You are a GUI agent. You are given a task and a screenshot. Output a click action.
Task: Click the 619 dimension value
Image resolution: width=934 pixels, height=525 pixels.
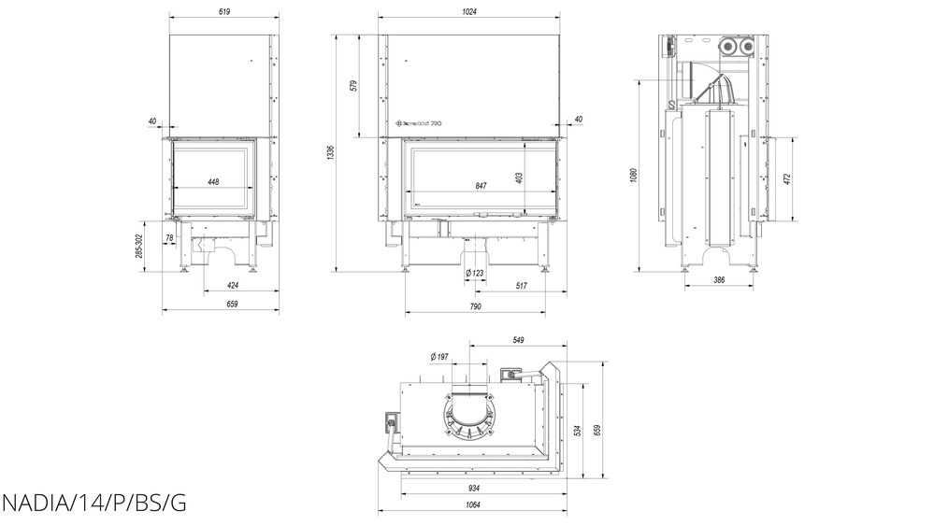click(222, 11)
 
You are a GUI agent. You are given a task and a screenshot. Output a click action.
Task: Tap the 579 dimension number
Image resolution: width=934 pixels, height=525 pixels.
click(354, 85)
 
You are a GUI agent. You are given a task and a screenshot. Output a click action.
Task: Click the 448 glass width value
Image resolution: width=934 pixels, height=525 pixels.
click(213, 182)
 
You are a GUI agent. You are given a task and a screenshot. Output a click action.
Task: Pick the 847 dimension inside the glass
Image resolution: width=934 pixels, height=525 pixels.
click(481, 186)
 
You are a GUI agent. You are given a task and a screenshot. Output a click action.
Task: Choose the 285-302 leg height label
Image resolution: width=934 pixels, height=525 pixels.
click(139, 248)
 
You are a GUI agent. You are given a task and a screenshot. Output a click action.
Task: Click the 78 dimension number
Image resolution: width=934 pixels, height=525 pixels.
click(169, 238)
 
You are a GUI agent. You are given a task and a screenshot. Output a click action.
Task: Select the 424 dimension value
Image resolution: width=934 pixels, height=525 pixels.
click(233, 285)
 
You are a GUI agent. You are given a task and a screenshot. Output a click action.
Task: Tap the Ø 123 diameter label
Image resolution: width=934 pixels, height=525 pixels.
click(475, 272)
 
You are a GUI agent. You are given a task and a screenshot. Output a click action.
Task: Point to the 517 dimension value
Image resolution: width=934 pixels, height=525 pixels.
click(522, 285)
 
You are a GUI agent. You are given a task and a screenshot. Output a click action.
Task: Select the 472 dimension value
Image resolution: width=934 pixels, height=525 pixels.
click(786, 178)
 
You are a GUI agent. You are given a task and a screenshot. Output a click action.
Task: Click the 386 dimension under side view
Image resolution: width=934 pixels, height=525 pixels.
click(720, 279)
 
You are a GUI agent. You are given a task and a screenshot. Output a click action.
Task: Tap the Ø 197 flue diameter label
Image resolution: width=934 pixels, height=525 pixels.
click(439, 357)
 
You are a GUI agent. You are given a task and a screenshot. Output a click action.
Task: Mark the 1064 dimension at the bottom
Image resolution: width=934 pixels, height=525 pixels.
click(472, 505)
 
